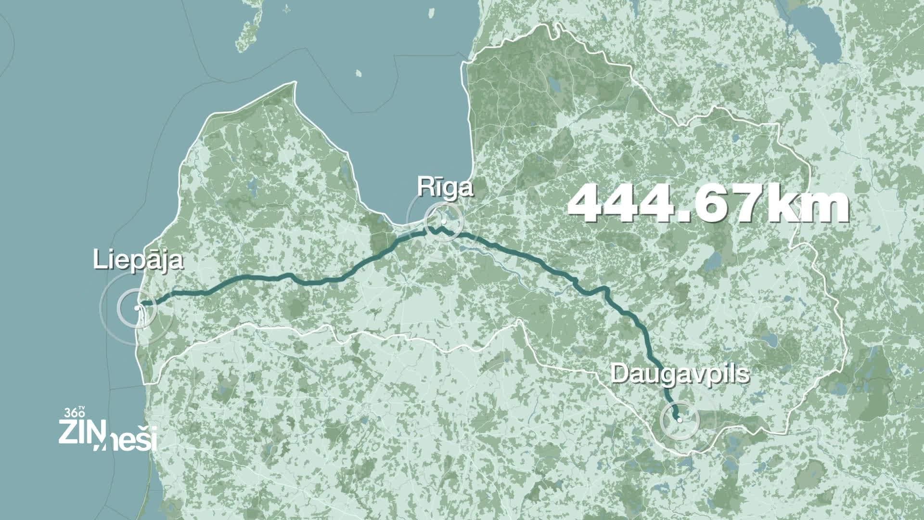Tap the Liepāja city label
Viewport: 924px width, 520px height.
tap(139, 260)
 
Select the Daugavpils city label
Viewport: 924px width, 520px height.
tap(680, 374)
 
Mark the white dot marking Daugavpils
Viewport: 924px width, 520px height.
tap(680, 420)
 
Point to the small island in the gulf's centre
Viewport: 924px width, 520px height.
tap(359, 74)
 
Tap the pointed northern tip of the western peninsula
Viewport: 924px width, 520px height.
tap(291, 85)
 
